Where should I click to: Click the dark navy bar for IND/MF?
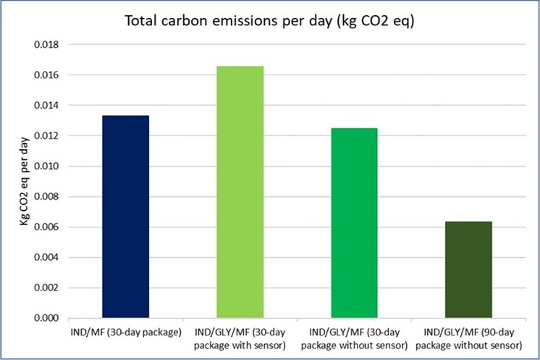tap(126, 217)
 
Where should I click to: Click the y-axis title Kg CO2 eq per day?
tap(26, 180)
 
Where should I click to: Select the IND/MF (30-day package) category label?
tap(126, 332)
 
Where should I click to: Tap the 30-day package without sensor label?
tap(355, 338)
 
